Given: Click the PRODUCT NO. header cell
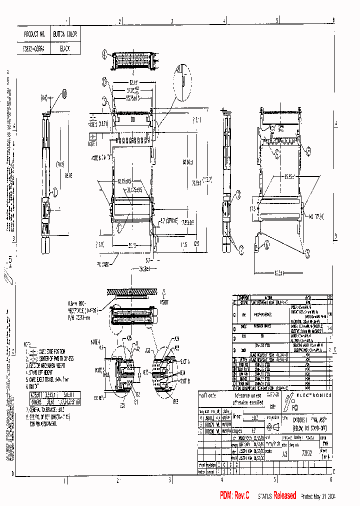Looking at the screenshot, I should pos(35,34).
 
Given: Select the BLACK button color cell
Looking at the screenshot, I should pos(64,48).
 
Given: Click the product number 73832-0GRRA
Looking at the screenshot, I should pos(35,48).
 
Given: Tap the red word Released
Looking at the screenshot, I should pos(285,495).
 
